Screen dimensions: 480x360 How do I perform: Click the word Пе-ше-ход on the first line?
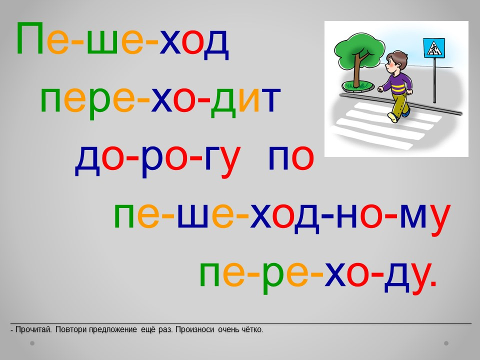(122, 40)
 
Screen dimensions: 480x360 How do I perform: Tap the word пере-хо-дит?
(160, 100)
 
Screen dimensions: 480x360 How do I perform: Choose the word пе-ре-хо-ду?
(318, 275)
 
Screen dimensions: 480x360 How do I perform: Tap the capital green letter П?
(30, 38)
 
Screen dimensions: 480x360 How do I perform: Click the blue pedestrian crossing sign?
(434, 48)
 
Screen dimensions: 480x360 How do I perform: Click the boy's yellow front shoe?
(393, 117)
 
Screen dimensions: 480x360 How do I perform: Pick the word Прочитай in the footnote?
(33, 329)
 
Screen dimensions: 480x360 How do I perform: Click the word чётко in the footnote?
(252, 329)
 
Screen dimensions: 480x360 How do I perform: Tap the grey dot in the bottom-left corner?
(32, 343)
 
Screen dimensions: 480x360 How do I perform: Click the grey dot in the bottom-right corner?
(446, 343)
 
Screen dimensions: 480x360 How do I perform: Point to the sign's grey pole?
(434, 80)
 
